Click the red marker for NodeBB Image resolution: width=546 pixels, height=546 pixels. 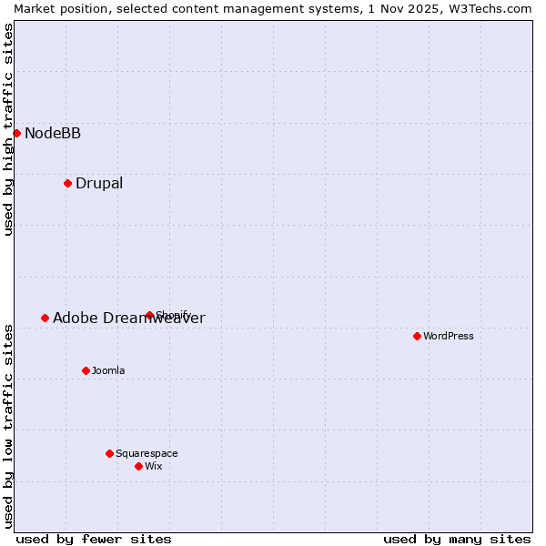(16, 133)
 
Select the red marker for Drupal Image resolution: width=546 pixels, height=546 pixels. (67, 183)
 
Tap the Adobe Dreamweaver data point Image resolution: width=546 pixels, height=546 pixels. (45, 318)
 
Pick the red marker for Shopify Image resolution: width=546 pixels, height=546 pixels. (149, 316)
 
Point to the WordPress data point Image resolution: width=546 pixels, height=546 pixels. (417, 336)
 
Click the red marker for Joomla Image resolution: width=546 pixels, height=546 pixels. (86, 370)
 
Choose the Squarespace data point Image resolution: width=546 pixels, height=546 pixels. (109, 453)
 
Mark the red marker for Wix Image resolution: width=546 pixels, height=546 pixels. (138, 466)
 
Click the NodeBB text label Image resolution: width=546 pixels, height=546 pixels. (53, 134)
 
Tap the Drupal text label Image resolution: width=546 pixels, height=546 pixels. (99, 184)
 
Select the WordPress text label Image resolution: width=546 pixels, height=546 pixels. (449, 337)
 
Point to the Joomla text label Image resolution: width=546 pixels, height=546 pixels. (108, 371)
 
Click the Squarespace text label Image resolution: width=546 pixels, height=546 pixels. (147, 454)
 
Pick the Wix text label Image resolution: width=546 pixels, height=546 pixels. (154, 467)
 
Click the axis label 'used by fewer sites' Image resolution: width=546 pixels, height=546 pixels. (94, 539)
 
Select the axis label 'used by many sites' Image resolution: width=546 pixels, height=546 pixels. (457, 539)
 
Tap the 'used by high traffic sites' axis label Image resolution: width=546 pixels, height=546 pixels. (8, 129)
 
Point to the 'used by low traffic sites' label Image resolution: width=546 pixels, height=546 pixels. (8, 425)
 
